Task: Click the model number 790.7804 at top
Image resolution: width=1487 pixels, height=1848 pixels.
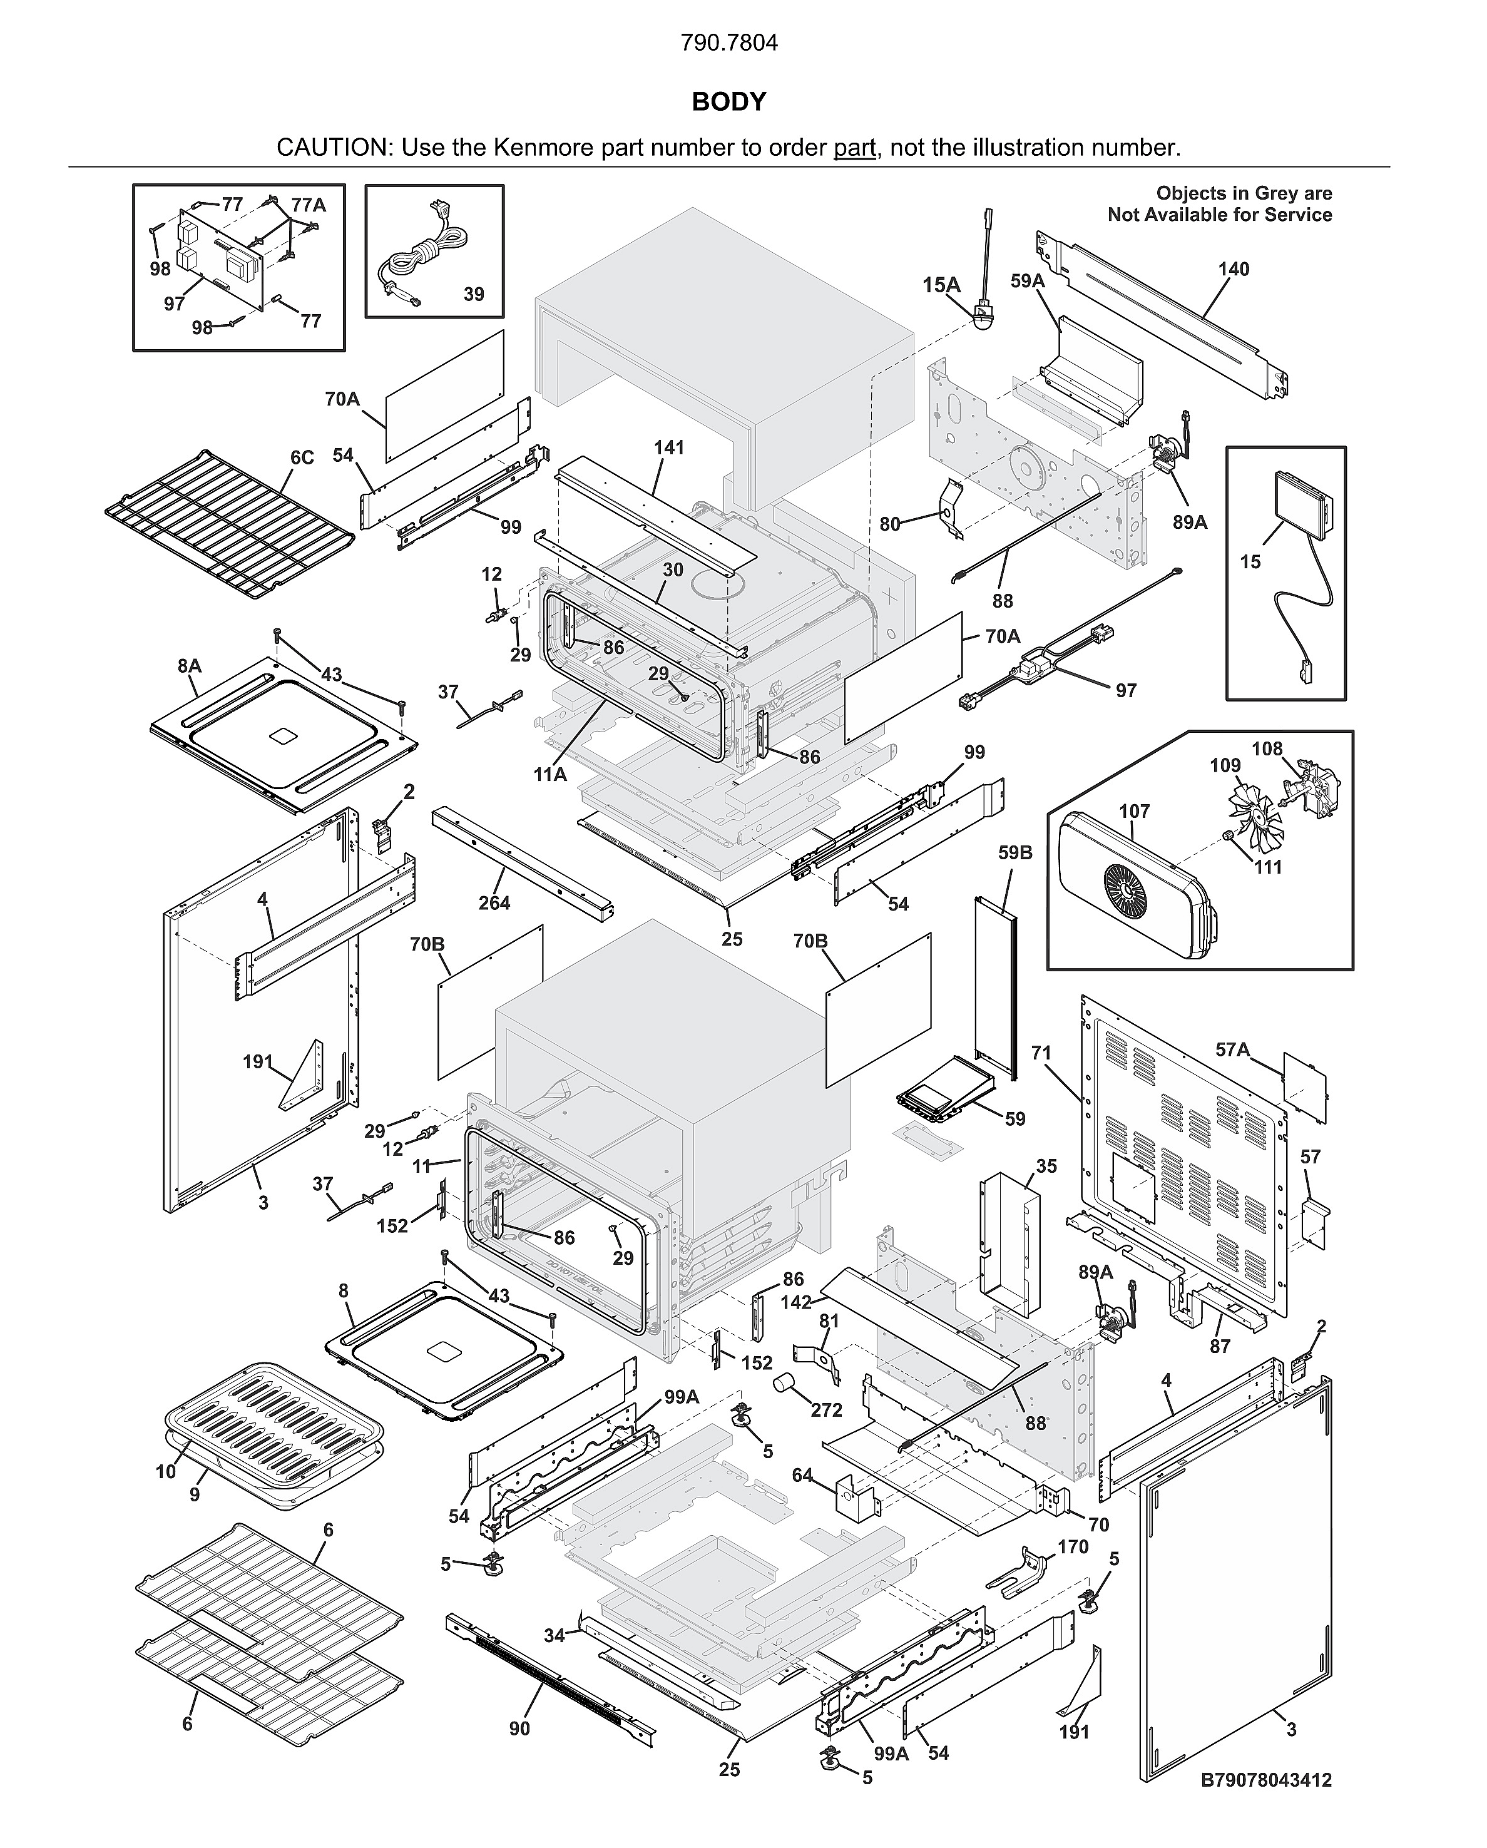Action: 728,43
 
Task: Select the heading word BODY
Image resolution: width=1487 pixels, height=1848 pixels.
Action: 728,102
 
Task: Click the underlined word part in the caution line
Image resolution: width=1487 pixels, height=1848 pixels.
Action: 854,148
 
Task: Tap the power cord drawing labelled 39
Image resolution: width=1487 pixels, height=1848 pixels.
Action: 425,253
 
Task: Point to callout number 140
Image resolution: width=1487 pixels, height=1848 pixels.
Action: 1234,269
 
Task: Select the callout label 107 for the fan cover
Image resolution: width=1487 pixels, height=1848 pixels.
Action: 1134,811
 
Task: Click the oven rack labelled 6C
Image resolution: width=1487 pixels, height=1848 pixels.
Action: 230,524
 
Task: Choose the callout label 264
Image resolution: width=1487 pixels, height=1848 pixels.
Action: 494,902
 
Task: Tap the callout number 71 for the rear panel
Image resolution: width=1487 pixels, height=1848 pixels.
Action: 1041,1053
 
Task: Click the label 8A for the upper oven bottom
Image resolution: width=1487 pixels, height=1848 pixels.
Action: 190,666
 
